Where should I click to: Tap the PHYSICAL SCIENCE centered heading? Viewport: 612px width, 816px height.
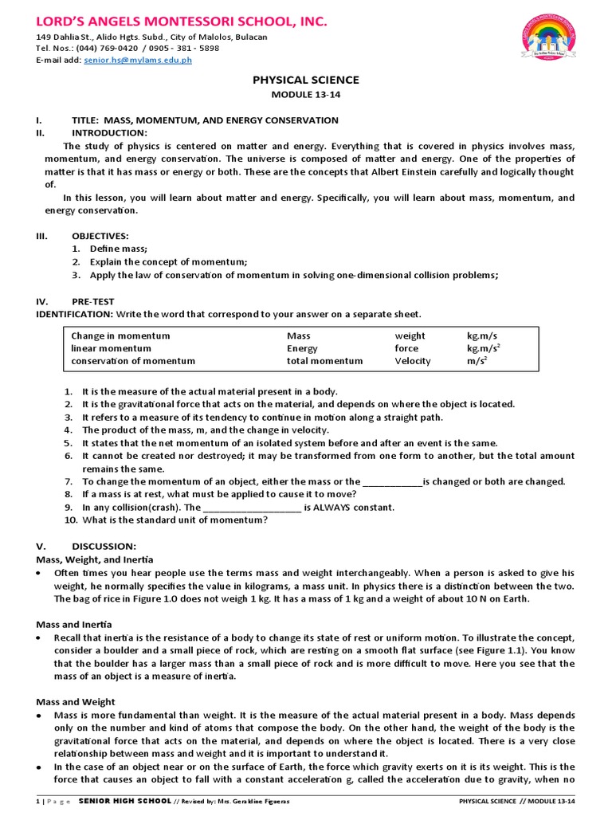(306, 80)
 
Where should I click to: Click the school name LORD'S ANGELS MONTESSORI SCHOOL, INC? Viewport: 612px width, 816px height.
(169, 20)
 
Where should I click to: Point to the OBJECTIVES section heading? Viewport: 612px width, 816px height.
(100, 237)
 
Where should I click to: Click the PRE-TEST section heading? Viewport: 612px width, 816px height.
(93, 301)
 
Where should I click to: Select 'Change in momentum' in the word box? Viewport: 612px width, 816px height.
(120, 335)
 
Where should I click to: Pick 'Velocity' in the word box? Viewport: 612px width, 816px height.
(413, 361)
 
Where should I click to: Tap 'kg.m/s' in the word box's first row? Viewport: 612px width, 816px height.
(484, 335)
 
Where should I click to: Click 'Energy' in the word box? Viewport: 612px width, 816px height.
(302, 348)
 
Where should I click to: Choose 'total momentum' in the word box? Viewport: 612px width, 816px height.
(324, 361)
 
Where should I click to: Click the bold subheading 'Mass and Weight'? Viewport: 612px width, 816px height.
(76, 701)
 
